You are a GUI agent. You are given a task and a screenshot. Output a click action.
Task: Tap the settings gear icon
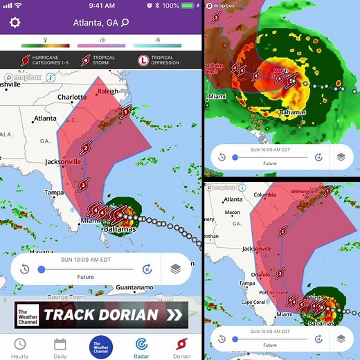pyautogui.click(x=15, y=23)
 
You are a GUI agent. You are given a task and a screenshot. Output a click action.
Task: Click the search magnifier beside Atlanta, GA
pyautogui.click(x=125, y=23)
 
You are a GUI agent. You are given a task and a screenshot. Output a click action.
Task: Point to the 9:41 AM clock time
pyautogui.click(x=102, y=6)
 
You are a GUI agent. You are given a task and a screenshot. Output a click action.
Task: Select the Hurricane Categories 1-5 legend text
pyautogui.click(x=49, y=60)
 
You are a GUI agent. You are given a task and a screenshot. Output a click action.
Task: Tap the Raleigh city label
pyautogui.click(x=107, y=91)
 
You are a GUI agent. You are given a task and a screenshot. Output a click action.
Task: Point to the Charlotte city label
pyautogui.click(x=72, y=98)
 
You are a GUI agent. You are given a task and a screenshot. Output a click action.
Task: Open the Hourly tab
pyautogui.click(x=20, y=348)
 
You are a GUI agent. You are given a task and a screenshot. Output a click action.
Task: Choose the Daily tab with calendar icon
pyautogui.click(x=60, y=348)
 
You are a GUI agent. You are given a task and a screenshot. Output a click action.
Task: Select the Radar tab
pyautogui.click(x=141, y=348)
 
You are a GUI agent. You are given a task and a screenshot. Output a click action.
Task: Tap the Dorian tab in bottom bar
pyautogui.click(x=181, y=348)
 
